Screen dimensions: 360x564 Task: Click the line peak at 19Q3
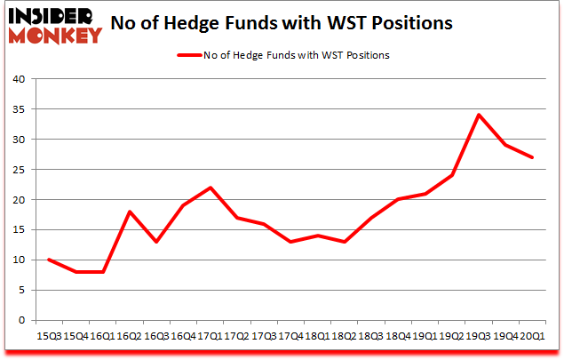coord(479,115)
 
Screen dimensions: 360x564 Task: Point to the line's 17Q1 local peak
coord(210,188)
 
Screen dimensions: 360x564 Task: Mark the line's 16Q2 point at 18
coord(130,212)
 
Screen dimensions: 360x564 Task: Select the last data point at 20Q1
coord(533,157)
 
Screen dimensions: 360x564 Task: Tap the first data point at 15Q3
coord(49,260)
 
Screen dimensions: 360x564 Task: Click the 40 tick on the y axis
coord(19,79)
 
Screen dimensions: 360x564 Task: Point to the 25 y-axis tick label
coord(19,170)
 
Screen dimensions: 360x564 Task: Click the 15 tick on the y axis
coord(19,230)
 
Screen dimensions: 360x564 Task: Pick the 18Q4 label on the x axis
coord(396,336)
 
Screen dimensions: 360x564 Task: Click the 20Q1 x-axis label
coord(531,336)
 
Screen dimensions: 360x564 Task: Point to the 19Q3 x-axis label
coord(477,336)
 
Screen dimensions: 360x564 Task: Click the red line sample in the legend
coord(191,55)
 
